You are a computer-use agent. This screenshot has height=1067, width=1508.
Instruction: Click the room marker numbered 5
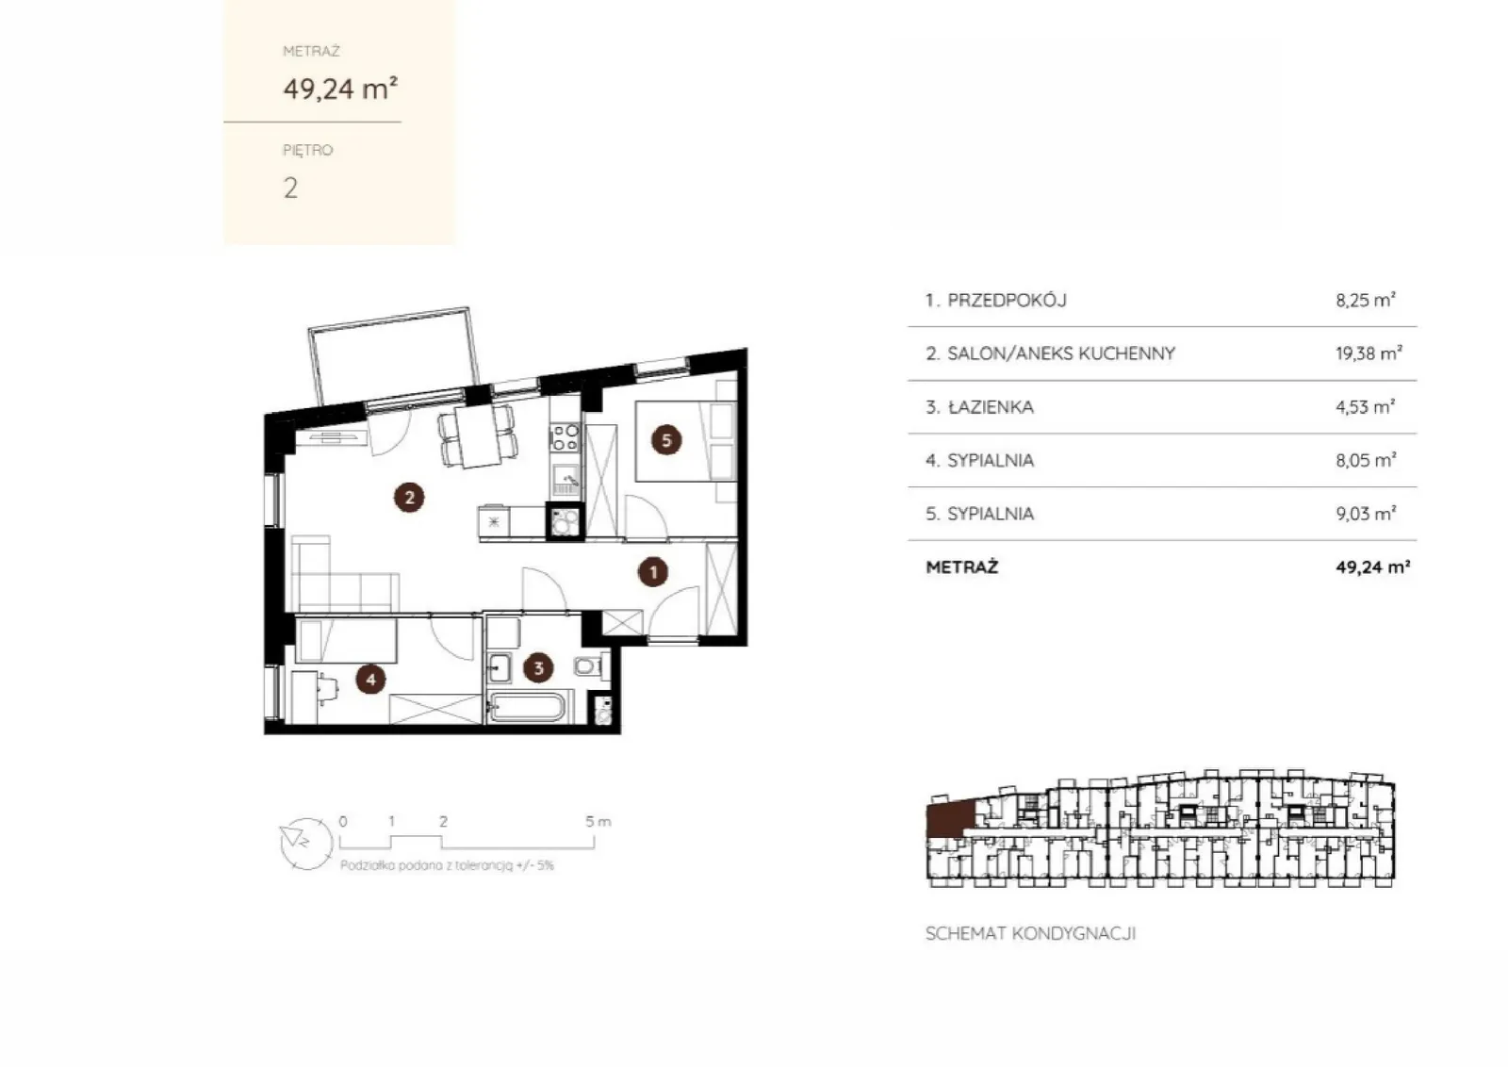[666, 440]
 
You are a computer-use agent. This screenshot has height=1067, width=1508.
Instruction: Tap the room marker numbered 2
[409, 498]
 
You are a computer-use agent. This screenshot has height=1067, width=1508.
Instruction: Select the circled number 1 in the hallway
[653, 572]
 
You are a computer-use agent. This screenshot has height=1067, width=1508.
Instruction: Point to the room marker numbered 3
[538, 667]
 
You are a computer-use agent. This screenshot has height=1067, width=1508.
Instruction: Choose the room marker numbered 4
[371, 680]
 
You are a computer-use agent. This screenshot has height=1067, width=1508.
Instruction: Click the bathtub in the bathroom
[527, 707]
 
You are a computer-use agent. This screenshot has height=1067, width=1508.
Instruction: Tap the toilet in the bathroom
[589, 666]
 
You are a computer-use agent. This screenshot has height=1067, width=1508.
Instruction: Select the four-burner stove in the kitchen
[565, 437]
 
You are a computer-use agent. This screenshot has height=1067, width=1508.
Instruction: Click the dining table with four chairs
[477, 437]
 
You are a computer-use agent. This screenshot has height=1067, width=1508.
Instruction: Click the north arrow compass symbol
[306, 845]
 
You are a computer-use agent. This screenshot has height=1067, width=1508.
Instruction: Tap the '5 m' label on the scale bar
[598, 821]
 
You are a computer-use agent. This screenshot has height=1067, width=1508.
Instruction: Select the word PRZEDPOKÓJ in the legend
[1008, 301]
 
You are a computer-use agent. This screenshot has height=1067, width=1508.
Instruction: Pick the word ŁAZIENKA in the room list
[991, 407]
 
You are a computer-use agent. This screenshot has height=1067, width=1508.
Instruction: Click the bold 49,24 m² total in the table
[1373, 566]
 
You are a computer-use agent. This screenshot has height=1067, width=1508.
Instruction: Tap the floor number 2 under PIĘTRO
[291, 188]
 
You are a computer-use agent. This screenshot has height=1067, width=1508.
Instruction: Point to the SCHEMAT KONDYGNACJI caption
[1031, 934]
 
